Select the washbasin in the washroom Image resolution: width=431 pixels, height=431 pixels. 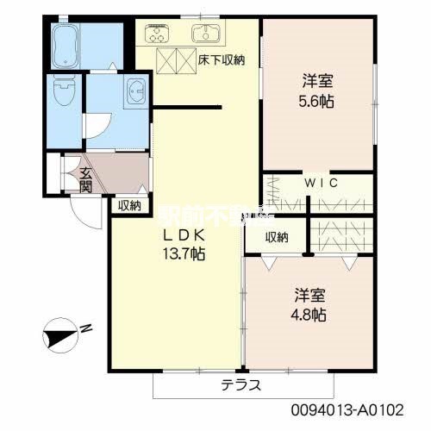[x=136, y=91]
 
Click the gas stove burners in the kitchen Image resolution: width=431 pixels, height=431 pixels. [x=157, y=34]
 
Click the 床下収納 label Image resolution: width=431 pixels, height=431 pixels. [x=222, y=60]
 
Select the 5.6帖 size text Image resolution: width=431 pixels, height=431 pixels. [x=318, y=101]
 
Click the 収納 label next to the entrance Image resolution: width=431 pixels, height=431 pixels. [x=129, y=204]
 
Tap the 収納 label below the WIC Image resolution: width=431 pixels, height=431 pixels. [x=276, y=237]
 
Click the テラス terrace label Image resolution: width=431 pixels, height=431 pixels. [x=240, y=384]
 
